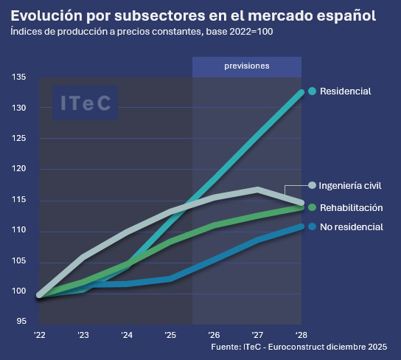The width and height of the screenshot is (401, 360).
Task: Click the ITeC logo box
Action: (85, 103)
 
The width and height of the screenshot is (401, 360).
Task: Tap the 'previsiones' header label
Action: (247, 66)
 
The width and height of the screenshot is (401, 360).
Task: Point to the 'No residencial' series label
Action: (351, 226)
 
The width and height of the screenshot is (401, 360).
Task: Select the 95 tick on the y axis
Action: (21, 322)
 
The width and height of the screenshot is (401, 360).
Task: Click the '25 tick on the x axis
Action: (170, 333)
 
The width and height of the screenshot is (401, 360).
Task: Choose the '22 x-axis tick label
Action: (39, 333)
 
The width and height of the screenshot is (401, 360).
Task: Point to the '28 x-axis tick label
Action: (301, 333)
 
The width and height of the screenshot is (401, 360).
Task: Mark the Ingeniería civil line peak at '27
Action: (257, 189)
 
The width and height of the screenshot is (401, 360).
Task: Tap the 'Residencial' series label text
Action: (345, 91)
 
